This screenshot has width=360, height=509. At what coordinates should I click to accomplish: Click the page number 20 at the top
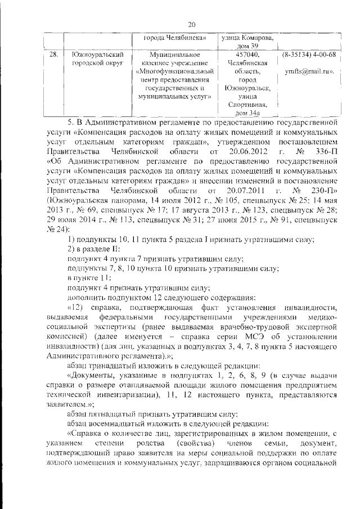click(x=191, y=24)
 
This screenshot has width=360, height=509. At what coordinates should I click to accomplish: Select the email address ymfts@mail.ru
click(x=308, y=71)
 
